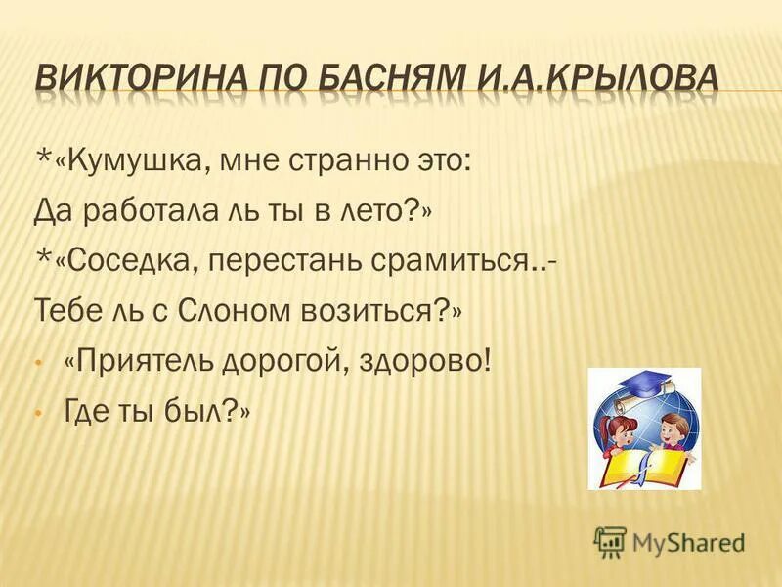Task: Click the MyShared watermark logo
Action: (670, 541)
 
